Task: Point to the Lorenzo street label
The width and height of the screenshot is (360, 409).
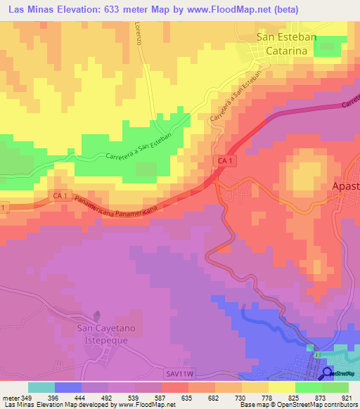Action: [x=139, y=32]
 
